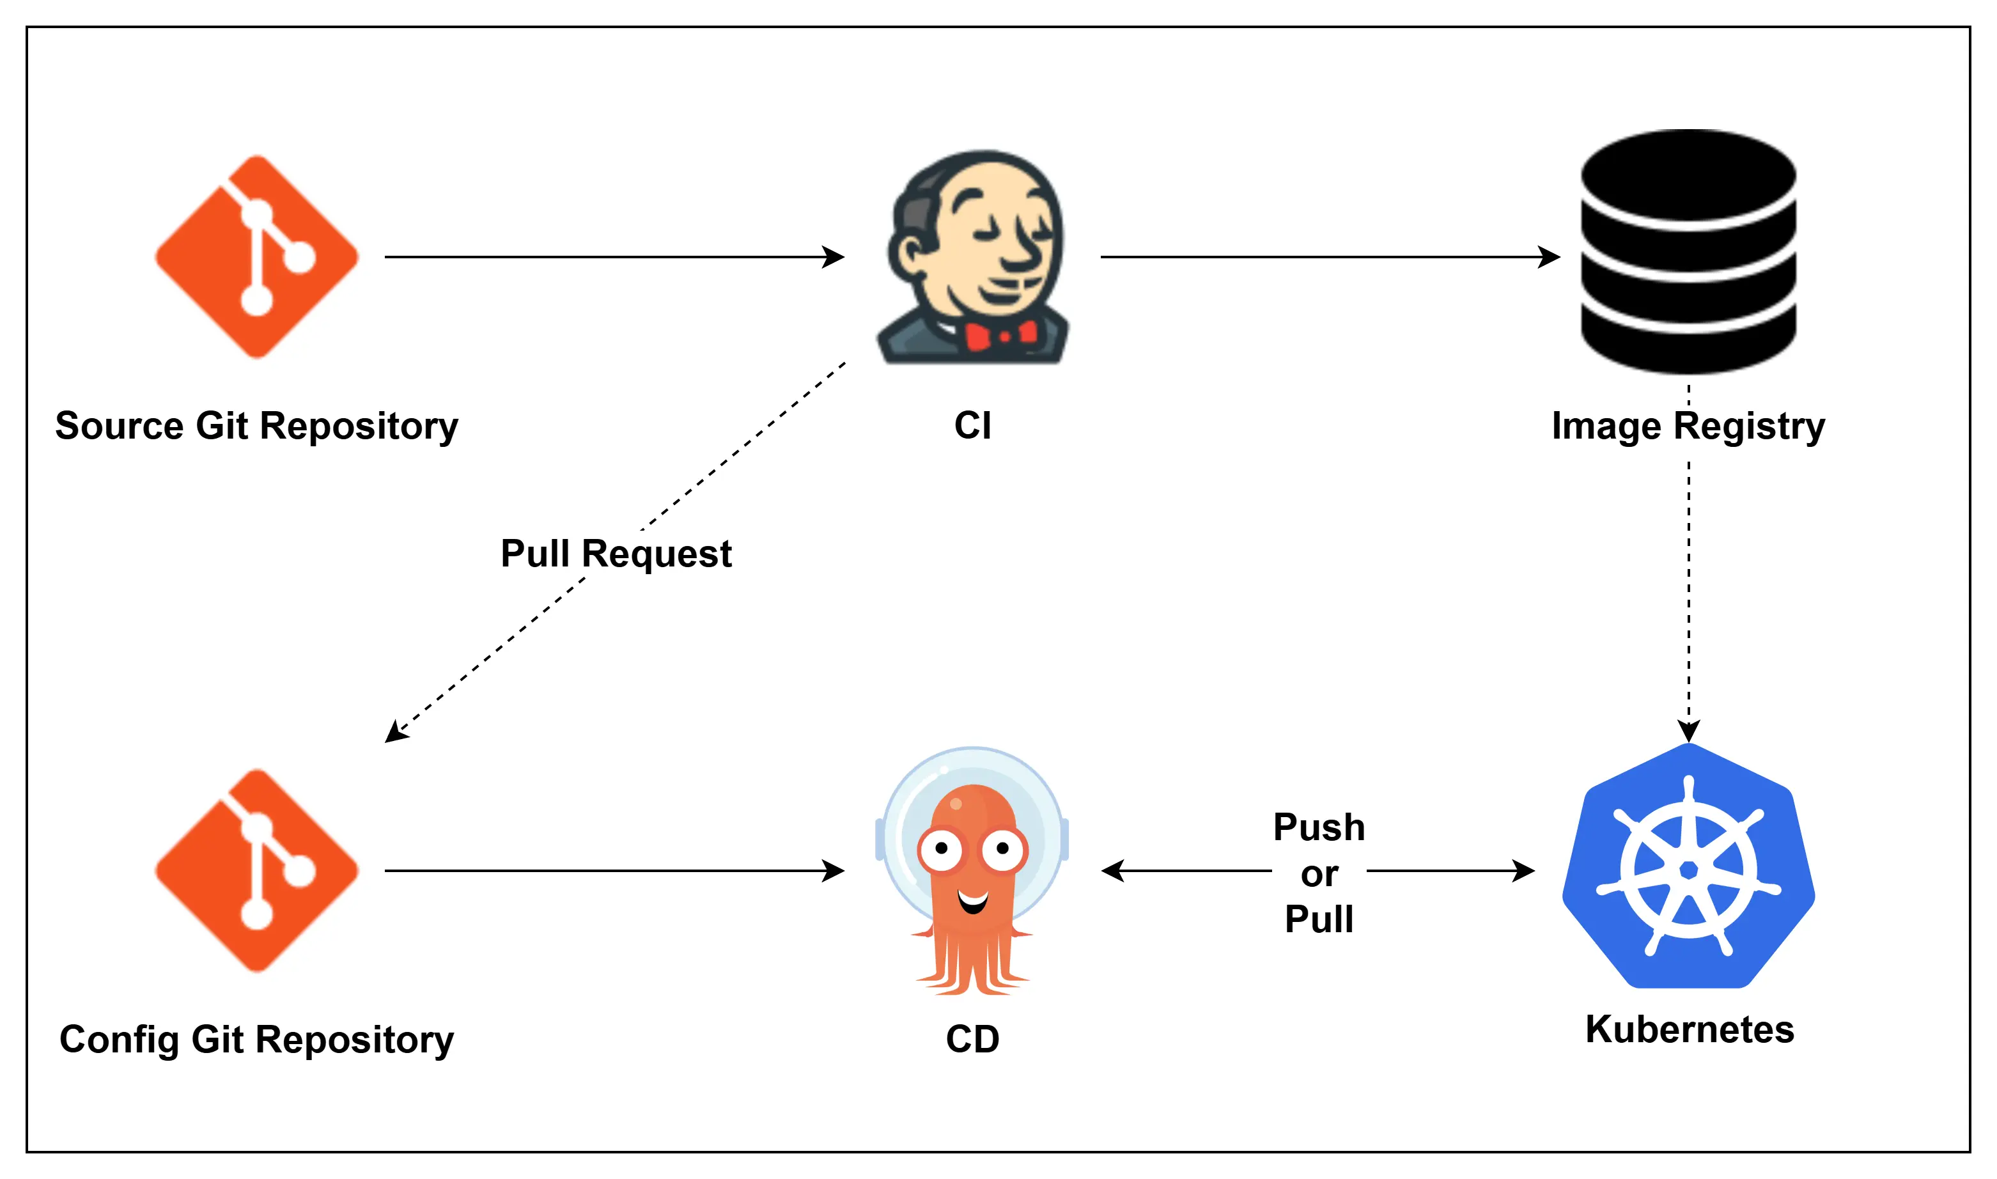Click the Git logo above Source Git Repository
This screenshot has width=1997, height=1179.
[256, 256]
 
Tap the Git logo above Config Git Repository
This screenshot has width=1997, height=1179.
[256, 870]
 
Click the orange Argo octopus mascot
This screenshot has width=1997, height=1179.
[972, 874]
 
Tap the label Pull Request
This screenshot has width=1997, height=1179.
[616, 554]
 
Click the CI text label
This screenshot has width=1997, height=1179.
[972, 426]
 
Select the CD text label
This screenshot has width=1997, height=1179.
[972, 1039]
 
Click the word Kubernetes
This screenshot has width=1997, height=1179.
[1690, 1029]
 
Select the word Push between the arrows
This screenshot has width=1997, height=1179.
[1319, 827]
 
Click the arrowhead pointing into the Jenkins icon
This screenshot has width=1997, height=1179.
[834, 256]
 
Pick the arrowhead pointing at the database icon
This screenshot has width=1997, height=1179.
[1550, 256]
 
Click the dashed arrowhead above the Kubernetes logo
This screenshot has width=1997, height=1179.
[1688, 731]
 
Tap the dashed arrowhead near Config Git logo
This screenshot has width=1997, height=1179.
[395, 733]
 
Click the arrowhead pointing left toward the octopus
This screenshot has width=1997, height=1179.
[1112, 871]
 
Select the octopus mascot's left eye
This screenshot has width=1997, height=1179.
[942, 848]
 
